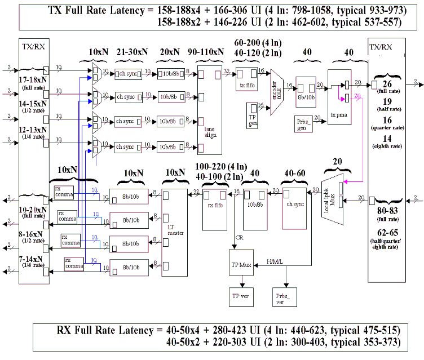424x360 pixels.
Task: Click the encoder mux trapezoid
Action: [276, 91]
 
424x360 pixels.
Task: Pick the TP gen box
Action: [252, 112]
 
